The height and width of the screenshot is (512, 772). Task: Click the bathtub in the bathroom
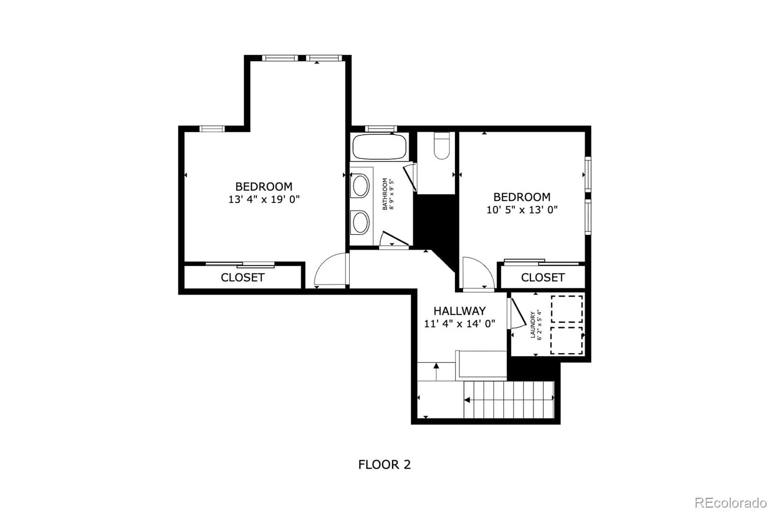click(379, 147)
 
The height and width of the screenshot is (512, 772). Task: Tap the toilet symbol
click(441, 145)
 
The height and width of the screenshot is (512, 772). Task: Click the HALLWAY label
click(459, 311)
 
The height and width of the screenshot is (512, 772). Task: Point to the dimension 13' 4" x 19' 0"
click(264, 199)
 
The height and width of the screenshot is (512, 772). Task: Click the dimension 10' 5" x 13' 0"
click(522, 210)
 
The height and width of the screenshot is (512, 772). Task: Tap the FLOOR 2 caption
click(384, 465)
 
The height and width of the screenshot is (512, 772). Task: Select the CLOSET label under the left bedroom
click(243, 277)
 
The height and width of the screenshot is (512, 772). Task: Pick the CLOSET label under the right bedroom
click(543, 277)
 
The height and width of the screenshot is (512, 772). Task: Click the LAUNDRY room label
click(533, 325)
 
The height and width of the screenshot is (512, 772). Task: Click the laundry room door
click(518, 312)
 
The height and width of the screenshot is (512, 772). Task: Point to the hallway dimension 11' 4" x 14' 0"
click(459, 324)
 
